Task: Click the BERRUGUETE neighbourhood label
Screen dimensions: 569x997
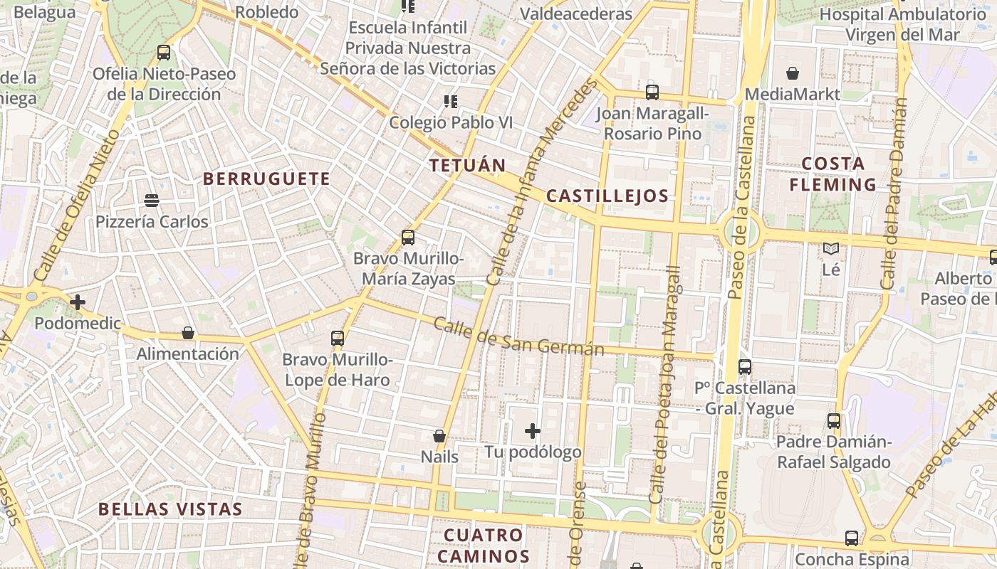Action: (x=267, y=179)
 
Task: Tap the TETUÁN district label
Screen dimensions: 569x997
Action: (x=467, y=166)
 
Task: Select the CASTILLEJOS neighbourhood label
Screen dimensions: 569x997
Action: (x=607, y=196)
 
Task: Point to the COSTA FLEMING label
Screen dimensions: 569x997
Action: (x=833, y=174)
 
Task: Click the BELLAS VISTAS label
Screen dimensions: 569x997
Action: (x=170, y=509)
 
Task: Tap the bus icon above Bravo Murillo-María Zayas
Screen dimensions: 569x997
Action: (x=408, y=238)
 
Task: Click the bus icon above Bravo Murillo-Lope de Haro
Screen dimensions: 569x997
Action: (x=338, y=339)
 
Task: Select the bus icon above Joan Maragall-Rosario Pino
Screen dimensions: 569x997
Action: (x=652, y=92)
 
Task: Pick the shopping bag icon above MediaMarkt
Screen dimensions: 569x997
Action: (x=793, y=73)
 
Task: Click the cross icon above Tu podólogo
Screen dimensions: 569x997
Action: (x=533, y=430)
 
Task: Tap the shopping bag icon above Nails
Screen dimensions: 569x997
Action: (x=439, y=435)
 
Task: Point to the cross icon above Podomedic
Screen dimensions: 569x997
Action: (x=78, y=302)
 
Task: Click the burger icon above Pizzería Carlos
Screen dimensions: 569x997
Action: (x=152, y=200)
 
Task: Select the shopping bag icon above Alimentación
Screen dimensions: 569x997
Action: (x=188, y=333)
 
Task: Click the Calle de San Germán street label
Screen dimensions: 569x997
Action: (x=518, y=337)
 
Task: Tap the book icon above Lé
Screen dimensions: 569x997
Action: (x=831, y=248)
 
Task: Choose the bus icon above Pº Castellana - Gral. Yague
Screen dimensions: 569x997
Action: (x=745, y=367)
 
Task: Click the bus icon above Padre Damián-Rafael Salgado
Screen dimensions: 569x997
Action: (x=834, y=421)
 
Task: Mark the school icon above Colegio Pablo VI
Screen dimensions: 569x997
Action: (x=451, y=101)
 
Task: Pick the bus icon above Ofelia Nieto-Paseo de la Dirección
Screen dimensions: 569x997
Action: (x=164, y=52)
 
